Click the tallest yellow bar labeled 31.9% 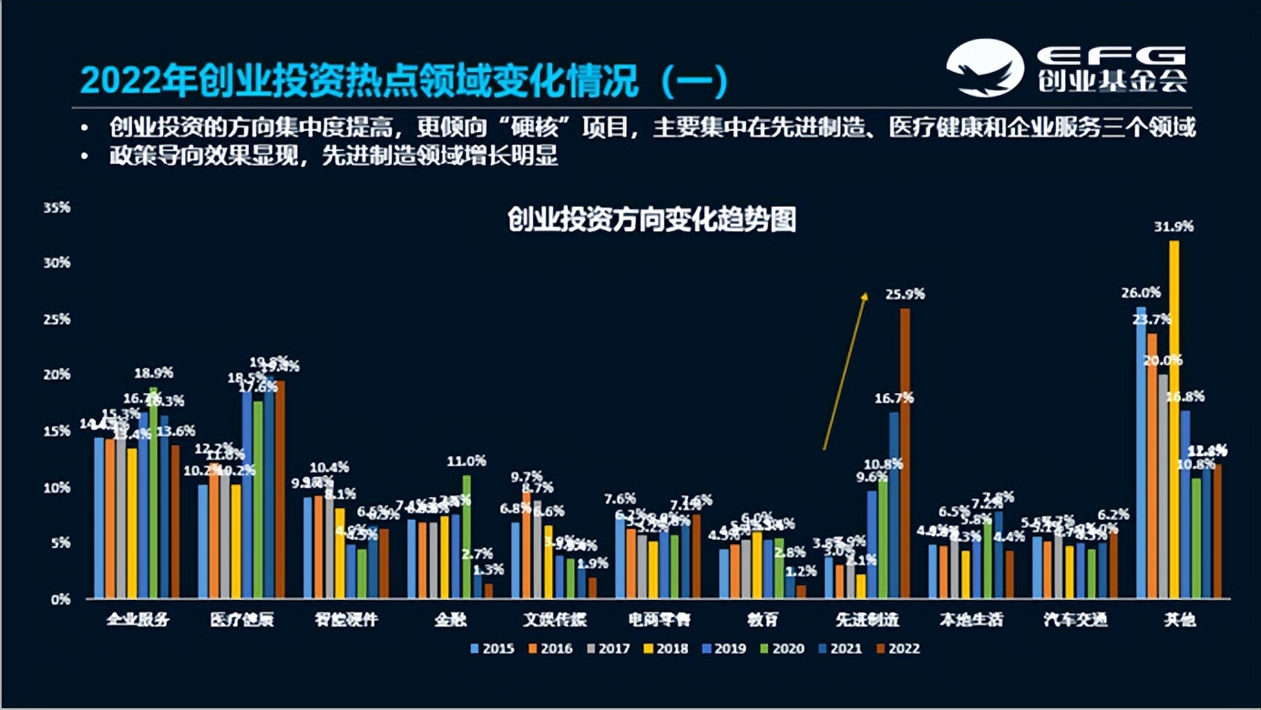click(x=1174, y=419)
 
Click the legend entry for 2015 click(x=492, y=649)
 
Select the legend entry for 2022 click(x=897, y=649)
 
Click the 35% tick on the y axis click(x=56, y=208)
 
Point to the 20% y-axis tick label click(x=56, y=374)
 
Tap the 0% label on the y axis click(x=60, y=599)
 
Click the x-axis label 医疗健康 click(x=241, y=620)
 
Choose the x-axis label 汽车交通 click(x=1075, y=620)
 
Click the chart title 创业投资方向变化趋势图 click(x=651, y=219)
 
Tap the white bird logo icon click(x=984, y=67)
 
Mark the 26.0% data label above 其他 click(x=1141, y=292)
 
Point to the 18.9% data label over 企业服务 click(x=154, y=372)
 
